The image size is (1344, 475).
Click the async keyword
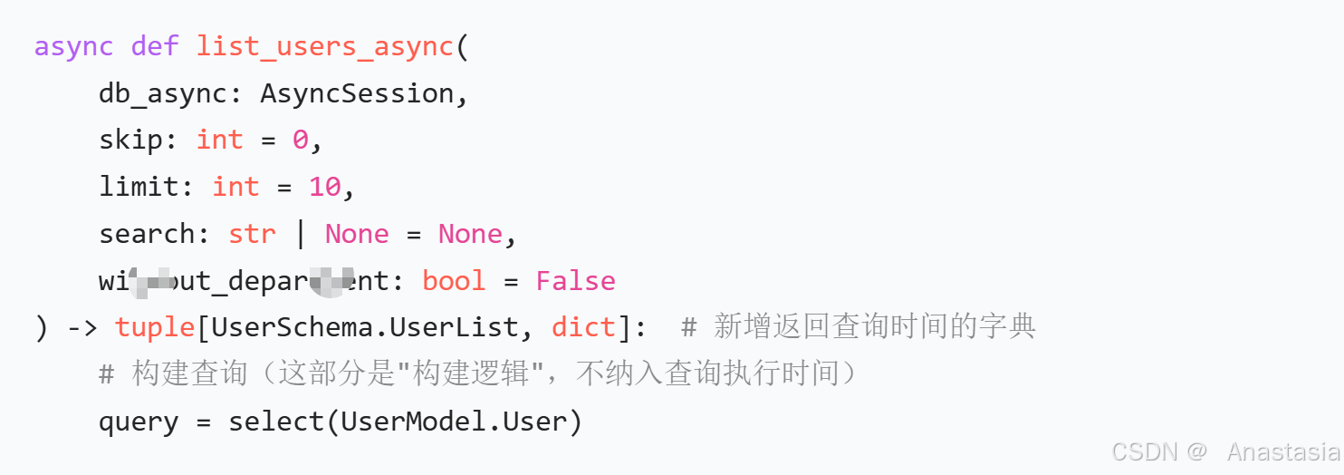(x=74, y=46)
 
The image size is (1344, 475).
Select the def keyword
(x=155, y=46)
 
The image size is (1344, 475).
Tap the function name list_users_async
(x=325, y=46)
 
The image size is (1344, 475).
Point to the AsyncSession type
(x=357, y=93)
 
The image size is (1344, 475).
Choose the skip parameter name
(x=131, y=140)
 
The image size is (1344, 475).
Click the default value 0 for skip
(x=300, y=140)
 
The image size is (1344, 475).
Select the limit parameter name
(x=139, y=187)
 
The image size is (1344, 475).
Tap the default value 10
(x=324, y=187)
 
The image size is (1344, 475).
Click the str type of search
(x=252, y=234)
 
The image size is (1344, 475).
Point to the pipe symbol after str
(x=301, y=234)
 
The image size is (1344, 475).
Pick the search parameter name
(x=147, y=234)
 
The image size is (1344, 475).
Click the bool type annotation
(x=454, y=281)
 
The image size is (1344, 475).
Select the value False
(x=575, y=281)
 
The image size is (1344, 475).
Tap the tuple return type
(x=155, y=327)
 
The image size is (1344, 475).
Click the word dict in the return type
(x=583, y=327)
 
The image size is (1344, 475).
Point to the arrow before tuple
(x=82, y=327)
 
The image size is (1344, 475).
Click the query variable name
(x=139, y=422)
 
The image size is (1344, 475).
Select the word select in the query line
(x=275, y=422)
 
